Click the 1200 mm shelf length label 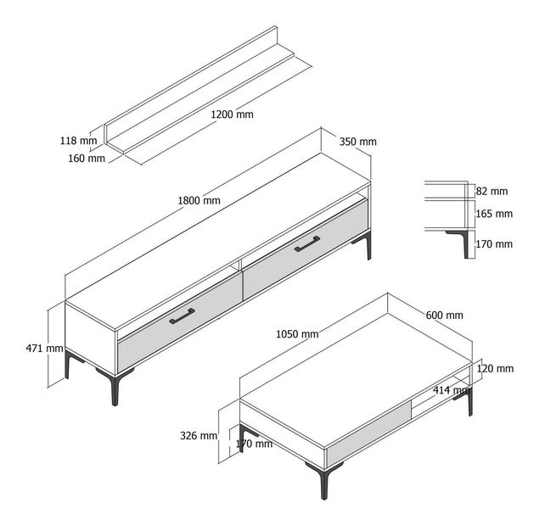pyautogui.click(x=232, y=114)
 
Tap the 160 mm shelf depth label pyautogui.click(x=87, y=158)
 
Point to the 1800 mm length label pyautogui.click(x=199, y=201)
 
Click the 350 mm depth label pyautogui.click(x=357, y=142)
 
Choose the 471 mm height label pyautogui.click(x=44, y=348)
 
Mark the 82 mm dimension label pyautogui.click(x=492, y=192)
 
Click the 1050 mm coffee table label pyautogui.click(x=297, y=333)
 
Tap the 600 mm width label pyautogui.click(x=444, y=315)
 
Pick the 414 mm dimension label pyautogui.click(x=451, y=390)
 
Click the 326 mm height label pyautogui.click(x=199, y=436)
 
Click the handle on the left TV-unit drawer pyautogui.click(x=182, y=316)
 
